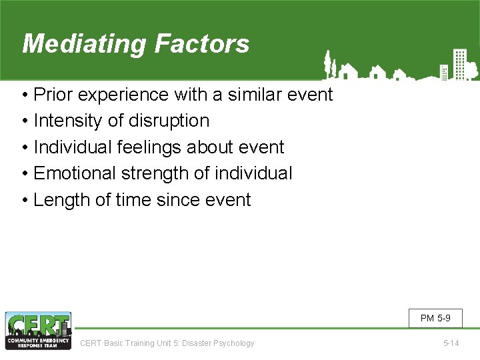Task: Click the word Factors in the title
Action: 202,44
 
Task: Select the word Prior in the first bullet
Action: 55,95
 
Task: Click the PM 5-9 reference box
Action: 435,318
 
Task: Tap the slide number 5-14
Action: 451,343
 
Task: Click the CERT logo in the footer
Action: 38,331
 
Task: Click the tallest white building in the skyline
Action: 459,64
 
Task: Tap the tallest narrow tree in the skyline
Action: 327,64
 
